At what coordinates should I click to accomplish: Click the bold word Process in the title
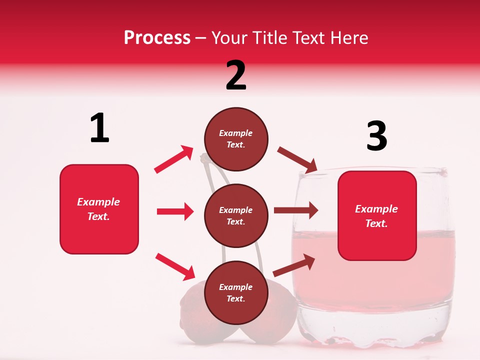click(x=157, y=37)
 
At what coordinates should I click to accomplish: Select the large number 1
click(x=99, y=128)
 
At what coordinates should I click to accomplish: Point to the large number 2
click(x=236, y=75)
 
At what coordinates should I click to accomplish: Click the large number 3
click(x=376, y=136)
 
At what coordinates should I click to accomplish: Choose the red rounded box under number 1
click(x=99, y=209)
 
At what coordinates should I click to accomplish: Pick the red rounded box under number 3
click(x=377, y=215)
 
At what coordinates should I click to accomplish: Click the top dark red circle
click(x=236, y=139)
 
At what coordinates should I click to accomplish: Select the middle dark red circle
click(x=236, y=215)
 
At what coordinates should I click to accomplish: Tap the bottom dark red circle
click(x=236, y=292)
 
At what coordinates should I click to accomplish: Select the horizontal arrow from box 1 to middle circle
click(x=175, y=211)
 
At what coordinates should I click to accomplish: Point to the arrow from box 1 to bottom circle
click(x=175, y=266)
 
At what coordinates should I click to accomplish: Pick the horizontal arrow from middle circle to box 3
click(x=296, y=210)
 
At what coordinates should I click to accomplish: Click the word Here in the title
click(x=349, y=37)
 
